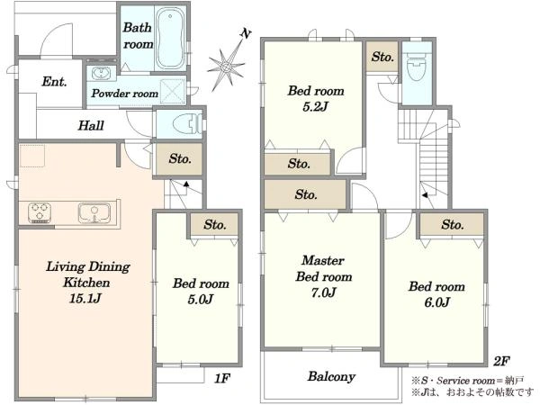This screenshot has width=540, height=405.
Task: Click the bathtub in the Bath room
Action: point(170,39)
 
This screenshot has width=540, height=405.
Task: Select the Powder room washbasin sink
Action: point(101,73)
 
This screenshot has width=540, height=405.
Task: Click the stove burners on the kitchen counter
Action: point(40,212)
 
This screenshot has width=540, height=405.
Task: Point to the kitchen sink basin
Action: point(94,212)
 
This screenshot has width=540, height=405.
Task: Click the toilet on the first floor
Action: point(187,123)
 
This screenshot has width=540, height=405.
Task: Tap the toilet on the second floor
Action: point(417,66)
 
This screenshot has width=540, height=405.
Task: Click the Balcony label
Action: point(331,376)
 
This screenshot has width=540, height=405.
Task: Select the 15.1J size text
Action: point(85,298)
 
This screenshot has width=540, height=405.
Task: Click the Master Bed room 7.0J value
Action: point(323,292)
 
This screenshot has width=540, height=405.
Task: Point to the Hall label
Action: point(91,125)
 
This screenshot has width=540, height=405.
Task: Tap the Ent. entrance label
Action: point(54,82)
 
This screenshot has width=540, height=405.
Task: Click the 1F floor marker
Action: point(221,379)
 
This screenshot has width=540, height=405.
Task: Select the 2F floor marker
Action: point(501,361)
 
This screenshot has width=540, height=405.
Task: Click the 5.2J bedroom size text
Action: point(315,107)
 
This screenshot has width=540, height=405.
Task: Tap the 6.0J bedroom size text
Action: point(437,302)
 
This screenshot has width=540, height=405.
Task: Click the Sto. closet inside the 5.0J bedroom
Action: point(214,225)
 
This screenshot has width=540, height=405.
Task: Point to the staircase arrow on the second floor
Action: point(426,195)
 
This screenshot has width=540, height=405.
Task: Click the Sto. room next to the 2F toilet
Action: point(382,57)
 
